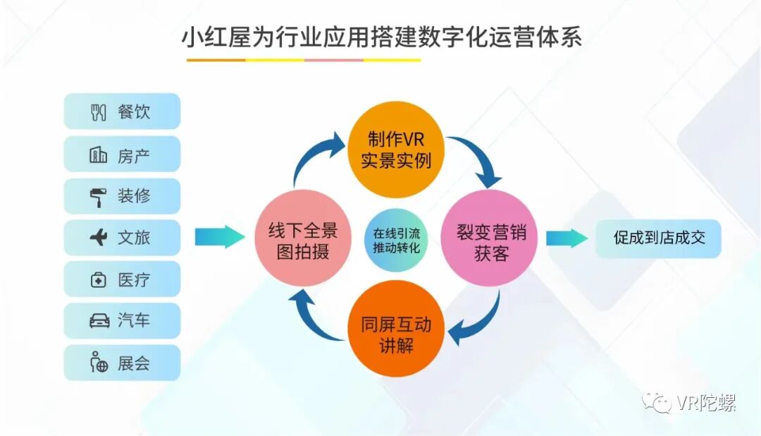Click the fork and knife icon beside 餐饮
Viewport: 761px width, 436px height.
(99, 112)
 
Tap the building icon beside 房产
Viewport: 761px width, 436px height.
(99, 155)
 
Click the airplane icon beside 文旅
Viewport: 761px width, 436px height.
(99, 238)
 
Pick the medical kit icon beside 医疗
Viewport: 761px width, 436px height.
(99, 280)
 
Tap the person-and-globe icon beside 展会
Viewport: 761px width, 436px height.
(99, 363)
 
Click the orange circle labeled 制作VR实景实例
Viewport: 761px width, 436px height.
(396, 150)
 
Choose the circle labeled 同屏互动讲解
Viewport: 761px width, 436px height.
(396, 328)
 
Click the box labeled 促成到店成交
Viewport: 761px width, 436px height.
(658, 238)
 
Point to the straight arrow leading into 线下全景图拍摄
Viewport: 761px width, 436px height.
(219, 238)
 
